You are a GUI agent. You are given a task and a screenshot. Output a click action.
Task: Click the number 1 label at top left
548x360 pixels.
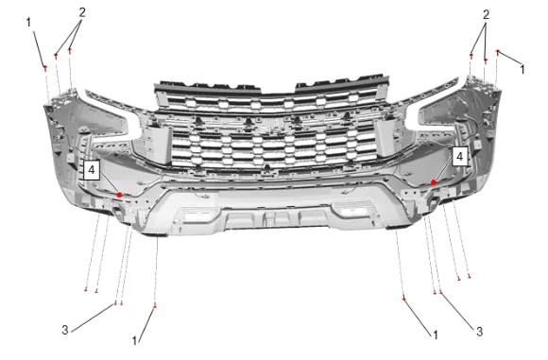(28, 23)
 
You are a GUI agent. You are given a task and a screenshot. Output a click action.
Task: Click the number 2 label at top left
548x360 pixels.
(82, 12)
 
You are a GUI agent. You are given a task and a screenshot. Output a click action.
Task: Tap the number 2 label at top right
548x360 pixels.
(486, 14)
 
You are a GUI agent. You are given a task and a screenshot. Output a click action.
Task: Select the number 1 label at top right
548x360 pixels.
(522, 69)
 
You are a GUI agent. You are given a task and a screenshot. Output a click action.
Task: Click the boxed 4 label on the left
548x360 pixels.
(92, 170)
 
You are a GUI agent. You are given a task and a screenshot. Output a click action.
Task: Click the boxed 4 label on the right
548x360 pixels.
(460, 156)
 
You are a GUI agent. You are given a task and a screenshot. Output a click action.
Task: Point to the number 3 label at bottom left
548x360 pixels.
(65, 330)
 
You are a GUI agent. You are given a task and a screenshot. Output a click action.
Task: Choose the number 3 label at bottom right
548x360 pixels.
(480, 332)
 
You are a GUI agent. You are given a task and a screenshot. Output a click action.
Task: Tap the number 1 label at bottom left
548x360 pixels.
(134, 341)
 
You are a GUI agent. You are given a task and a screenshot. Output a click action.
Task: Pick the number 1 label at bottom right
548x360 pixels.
(436, 334)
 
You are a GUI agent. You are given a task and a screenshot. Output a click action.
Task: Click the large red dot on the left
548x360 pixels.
(120, 195)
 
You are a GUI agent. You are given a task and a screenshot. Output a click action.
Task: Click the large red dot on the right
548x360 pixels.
(434, 182)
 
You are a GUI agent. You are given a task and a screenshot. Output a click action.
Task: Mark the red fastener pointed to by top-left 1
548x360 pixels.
(45, 67)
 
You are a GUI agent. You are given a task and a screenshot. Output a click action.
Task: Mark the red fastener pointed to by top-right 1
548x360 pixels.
(498, 52)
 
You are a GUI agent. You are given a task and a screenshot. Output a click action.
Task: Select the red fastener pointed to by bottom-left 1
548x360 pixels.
(155, 306)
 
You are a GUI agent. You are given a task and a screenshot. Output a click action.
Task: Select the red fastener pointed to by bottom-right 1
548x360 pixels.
(404, 299)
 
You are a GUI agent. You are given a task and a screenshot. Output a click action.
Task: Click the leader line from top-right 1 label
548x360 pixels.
(510, 58)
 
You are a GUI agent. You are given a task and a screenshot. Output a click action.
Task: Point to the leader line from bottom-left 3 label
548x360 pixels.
(93, 317)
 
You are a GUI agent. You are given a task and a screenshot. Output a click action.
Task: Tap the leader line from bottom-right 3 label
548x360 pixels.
(457, 310)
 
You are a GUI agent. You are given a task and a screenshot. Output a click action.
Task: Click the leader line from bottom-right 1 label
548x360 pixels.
(418, 316)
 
